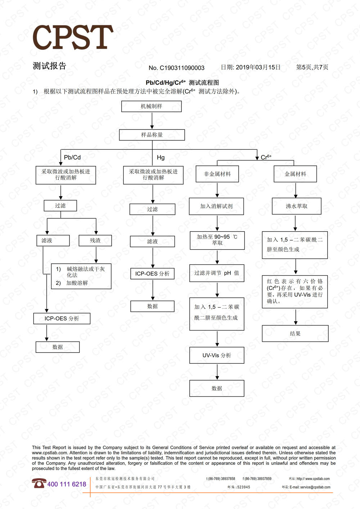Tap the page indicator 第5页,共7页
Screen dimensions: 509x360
[312, 67]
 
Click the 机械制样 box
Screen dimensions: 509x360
[151, 106]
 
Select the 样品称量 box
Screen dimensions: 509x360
[152, 135]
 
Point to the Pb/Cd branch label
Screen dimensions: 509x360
[72, 157]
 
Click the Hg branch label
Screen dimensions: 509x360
[161, 157]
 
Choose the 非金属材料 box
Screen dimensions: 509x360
[217, 174]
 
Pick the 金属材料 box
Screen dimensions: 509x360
[295, 174]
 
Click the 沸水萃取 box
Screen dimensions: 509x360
[296, 206]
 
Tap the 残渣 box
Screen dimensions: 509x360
[95, 240]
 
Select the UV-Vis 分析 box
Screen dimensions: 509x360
[217, 355]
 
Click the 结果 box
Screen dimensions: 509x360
[295, 333]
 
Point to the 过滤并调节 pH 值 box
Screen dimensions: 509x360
[217, 273]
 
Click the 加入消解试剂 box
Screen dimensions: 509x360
[216, 206]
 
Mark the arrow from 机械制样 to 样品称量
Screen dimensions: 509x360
[152, 121]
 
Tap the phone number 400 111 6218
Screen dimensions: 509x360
[67, 484]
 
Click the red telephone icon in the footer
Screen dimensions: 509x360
[39, 483]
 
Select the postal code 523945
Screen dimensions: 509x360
[243, 487]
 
